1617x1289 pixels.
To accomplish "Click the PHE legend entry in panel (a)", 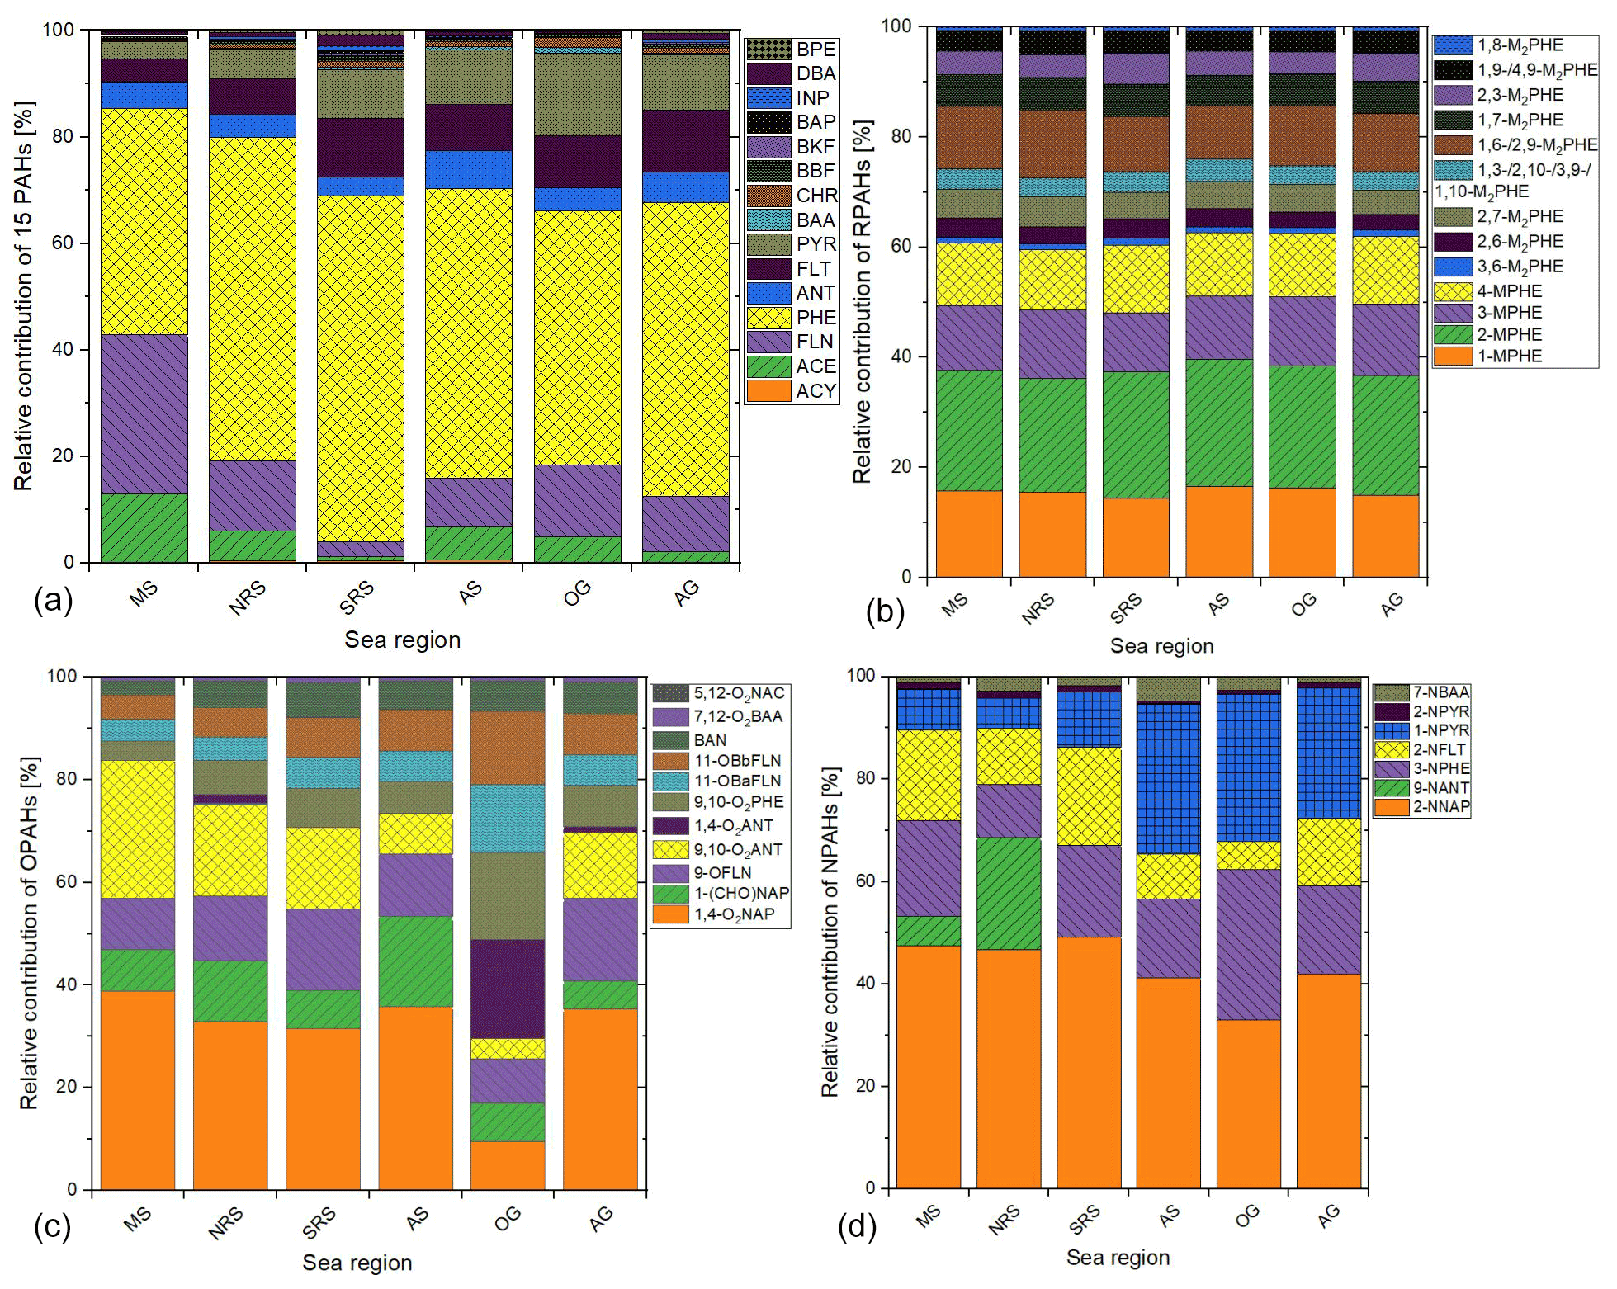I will click(816, 318).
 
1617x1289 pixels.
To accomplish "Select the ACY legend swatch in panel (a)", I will click(768, 391).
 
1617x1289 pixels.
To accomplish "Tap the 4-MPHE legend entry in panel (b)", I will click(1510, 290).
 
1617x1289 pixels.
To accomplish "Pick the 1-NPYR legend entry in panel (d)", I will click(1440, 730).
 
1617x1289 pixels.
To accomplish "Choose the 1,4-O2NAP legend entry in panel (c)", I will click(734, 914).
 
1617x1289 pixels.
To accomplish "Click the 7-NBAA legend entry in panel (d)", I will click(1440, 692).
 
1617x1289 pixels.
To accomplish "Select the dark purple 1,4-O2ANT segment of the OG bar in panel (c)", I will click(508, 989).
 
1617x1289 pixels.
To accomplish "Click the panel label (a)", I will click(54, 600).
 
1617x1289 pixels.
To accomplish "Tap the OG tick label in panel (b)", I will click(1303, 605).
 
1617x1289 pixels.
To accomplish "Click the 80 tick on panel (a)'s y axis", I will click(63, 136).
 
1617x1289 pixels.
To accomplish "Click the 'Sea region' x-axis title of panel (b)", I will click(1161, 646).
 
